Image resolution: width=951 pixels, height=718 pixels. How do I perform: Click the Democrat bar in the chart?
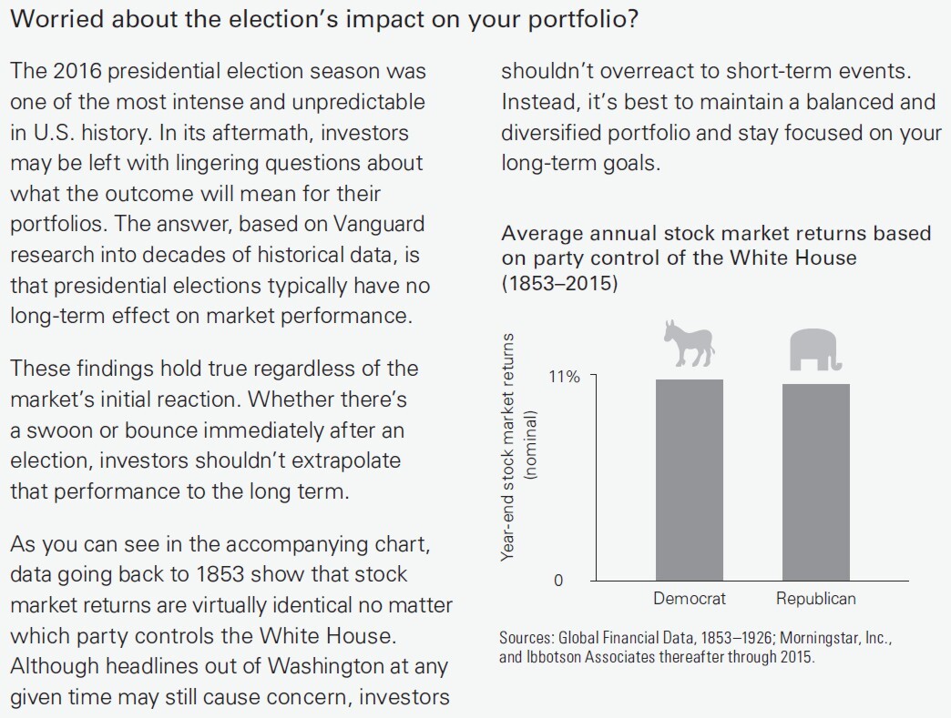coord(690,480)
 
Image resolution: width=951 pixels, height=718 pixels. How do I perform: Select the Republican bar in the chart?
coord(815,481)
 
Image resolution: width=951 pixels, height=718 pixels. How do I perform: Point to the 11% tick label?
coord(565,377)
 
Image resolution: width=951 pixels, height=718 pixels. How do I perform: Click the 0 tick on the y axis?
coord(559,581)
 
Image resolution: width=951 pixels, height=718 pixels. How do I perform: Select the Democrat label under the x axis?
coord(690,599)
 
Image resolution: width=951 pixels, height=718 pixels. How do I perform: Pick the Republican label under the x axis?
coord(815,599)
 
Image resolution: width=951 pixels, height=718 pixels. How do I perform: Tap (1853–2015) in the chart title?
coord(559,284)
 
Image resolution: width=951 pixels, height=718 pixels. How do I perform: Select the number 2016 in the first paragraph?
coord(73,71)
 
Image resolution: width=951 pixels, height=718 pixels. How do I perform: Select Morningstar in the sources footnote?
coord(825,638)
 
